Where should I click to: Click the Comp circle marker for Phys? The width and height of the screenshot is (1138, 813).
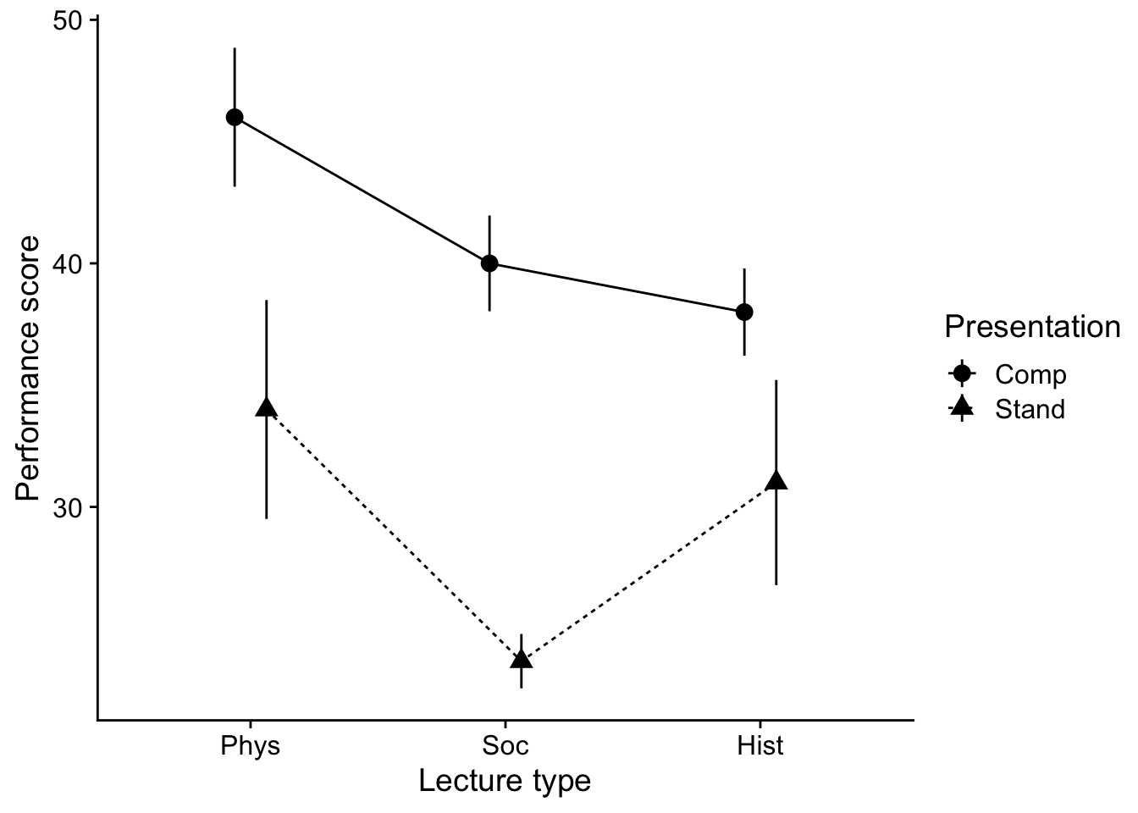[x=235, y=117]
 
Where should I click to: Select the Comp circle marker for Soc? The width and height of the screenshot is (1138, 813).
[x=489, y=263]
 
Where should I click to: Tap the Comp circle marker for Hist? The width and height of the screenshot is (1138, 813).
[x=744, y=312]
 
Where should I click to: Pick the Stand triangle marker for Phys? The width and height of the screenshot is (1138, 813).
[x=267, y=408]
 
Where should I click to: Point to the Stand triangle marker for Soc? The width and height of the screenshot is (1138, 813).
[x=522, y=659]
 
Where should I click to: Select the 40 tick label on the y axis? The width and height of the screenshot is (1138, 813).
[x=71, y=264]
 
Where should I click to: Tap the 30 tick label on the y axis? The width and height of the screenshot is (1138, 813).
[x=71, y=508]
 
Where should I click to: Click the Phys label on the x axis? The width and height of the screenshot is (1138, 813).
[x=251, y=746]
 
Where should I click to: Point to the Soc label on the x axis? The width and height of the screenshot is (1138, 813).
[x=505, y=746]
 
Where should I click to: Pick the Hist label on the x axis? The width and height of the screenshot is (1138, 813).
[x=760, y=746]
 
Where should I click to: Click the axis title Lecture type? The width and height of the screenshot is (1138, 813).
[x=505, y=781]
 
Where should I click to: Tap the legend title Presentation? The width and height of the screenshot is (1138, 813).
[x=1032, y=327]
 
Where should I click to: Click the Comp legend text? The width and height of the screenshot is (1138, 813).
[x=1030, y=374]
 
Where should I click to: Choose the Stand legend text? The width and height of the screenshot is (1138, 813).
[x=1030, y=410]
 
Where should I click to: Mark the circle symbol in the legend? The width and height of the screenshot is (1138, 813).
[x=962, y=373]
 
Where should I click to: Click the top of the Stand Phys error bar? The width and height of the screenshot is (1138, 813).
[x=267, y=301]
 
